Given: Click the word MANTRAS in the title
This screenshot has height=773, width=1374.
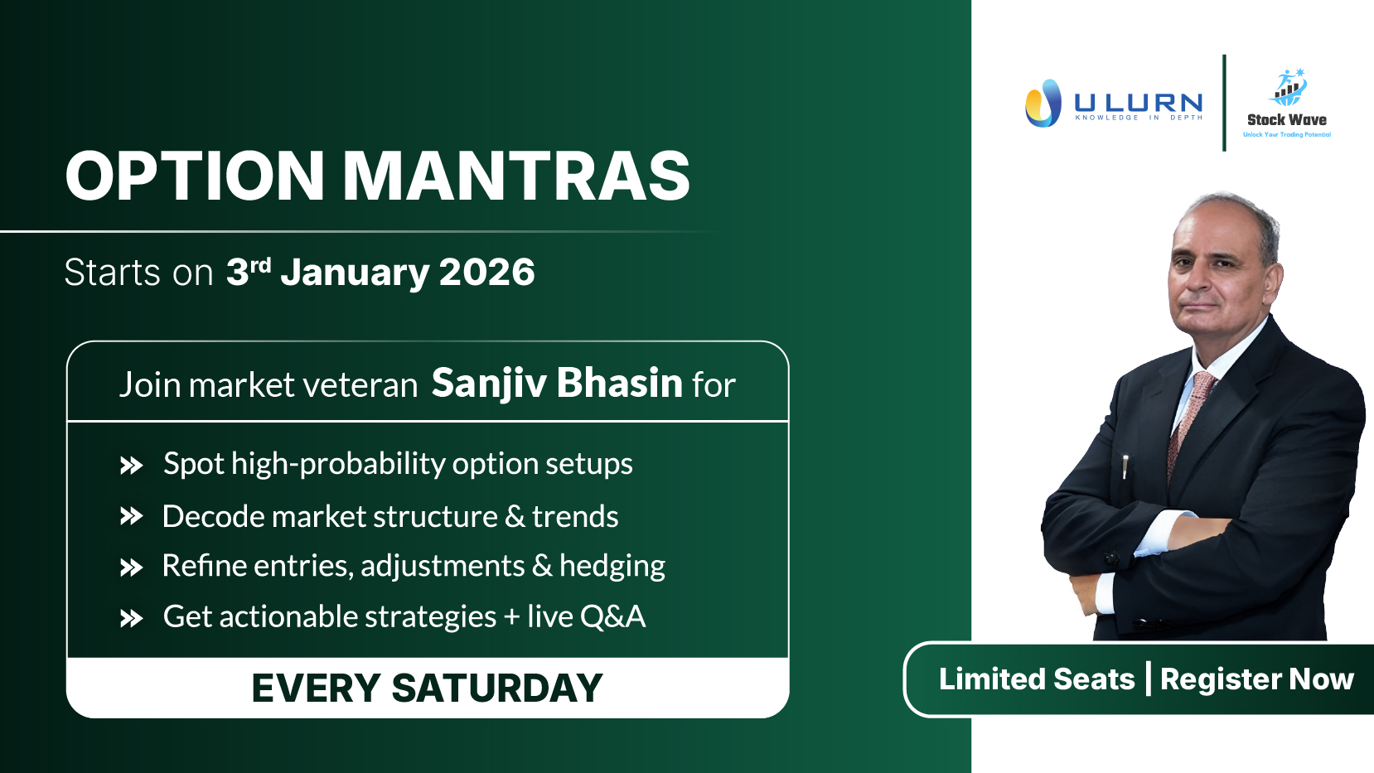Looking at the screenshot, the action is pyautogui.click(x=516, y=176).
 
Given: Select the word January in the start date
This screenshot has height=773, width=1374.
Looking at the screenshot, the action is pyautogui.click(x=355, y=273).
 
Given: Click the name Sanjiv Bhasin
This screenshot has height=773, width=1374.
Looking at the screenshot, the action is pyautogui.click(x=557, y=384).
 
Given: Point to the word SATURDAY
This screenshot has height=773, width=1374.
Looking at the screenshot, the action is pyautogui.click(x=497, y=688).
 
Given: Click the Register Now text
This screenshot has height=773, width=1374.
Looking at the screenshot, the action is pyautogui.click(x=1257, y=679).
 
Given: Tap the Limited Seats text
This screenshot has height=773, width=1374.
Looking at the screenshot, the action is pyautogui.click(x=1037, y=679).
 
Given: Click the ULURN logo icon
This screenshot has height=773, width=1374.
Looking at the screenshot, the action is pyautogui.click(x=1043, y=103).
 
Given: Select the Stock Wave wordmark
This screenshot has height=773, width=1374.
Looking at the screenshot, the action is pyautogui.click(x=1287, y=120).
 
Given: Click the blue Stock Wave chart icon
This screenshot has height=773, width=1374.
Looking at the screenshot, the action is pyautogui.click(x=1288, y=87).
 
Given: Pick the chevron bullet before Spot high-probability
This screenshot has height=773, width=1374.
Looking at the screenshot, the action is pyautogui.click(x=131, y=466).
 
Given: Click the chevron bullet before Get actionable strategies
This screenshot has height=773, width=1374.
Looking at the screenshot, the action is pyautogui.click(x=131, y=618).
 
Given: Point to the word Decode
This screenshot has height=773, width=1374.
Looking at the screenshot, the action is pyautogui.click(x=213, y=516).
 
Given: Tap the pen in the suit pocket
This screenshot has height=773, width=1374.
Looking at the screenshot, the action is pyautogui.click(x=1125, y=466).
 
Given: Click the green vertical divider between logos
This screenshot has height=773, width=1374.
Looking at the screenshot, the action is pyautogui.click(x=1224, y=103).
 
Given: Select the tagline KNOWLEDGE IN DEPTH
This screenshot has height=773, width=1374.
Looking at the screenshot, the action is pyautogui.click(x=1139, y=118).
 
